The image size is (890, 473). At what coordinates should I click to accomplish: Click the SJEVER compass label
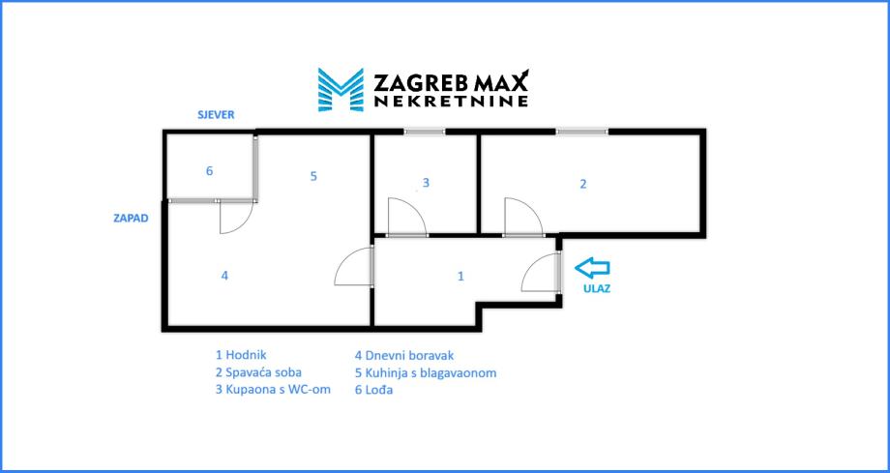click(216, 114)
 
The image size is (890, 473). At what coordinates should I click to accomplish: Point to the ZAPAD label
click(130, 219)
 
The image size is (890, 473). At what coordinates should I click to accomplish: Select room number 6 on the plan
click(209, 172)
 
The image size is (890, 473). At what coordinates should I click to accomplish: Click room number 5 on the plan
click(313, 176)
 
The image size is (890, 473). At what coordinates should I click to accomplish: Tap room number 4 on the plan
click(224, 276)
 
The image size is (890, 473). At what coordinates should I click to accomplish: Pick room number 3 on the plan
click(426, 182)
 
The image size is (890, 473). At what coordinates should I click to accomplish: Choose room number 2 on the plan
click(582, 184)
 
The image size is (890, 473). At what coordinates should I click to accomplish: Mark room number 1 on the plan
click(460, 277)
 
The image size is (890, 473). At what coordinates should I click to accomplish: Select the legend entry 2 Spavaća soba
click(258, 372)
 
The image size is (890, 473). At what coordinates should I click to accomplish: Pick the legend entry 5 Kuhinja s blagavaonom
click(426, 372)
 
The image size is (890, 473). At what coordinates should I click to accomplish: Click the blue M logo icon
click(340, 89)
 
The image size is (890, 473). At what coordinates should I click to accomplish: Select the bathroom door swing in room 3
click(405, 218)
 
